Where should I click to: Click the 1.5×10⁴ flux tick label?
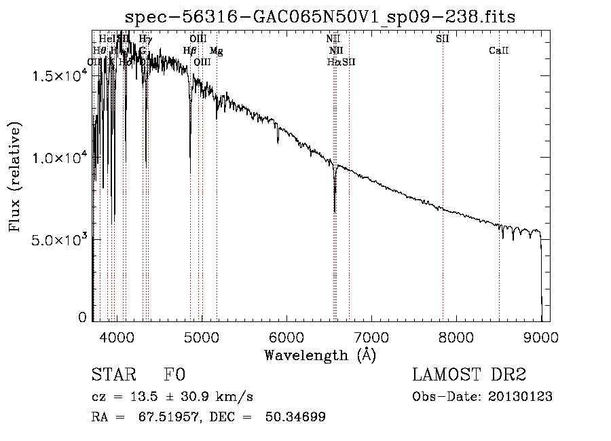click(60, 75)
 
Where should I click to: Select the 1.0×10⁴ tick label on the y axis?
click(60, 158)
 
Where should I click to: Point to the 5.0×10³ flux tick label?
click(60, 240)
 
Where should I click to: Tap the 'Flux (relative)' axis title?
click(15, 177)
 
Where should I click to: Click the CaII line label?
click(499, 51)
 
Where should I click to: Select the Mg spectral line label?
click(216, 51)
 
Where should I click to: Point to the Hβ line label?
click(190, 51)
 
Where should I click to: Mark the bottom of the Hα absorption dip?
click(335, 211)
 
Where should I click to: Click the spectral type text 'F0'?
click(174, 375)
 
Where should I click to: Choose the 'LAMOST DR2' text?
click(469, 375)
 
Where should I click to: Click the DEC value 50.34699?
click(296, 417)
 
